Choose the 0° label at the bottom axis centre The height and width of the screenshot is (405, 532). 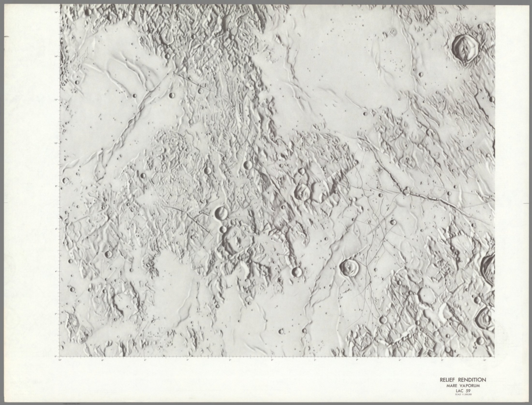[x=272, y=360]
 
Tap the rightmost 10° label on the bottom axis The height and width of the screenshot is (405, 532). [x=485, y=360]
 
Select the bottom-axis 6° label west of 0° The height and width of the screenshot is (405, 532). [x=145, y=360]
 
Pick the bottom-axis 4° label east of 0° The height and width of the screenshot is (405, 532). [x=357, y=360]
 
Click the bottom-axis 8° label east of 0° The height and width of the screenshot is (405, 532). [x=442, y=360]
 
